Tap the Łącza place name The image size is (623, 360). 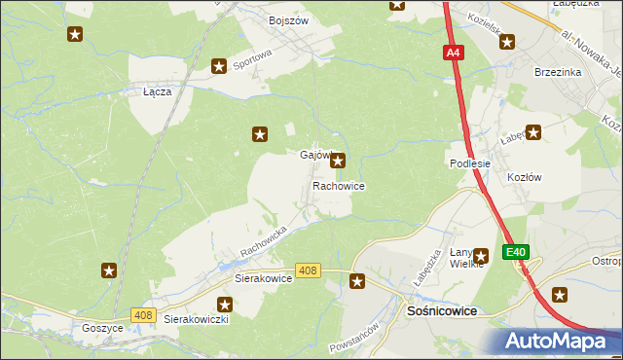157,91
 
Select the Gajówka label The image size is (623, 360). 314,156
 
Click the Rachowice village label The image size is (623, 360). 339,185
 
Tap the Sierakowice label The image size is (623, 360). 264,277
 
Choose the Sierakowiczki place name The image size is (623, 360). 196,318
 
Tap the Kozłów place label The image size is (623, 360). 524,177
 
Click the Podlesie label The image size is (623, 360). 469,164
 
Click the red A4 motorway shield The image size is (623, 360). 454,54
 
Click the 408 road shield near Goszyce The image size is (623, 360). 143,314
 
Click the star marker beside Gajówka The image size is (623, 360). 337,162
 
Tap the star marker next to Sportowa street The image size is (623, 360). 219,66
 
